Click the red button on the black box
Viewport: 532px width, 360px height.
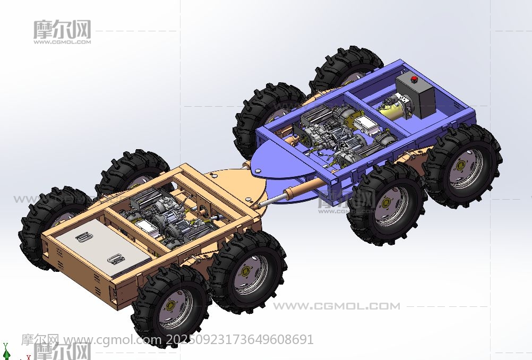coord(414,79)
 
